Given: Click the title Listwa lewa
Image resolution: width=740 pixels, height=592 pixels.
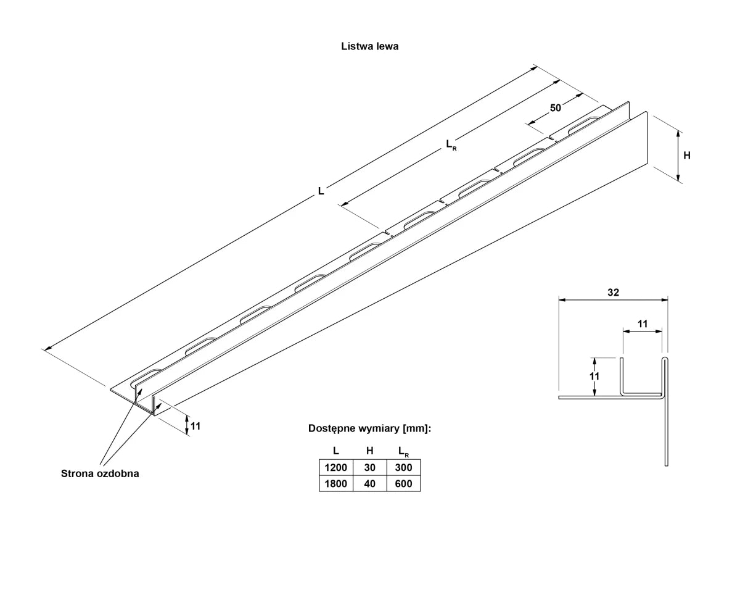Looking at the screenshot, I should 369,46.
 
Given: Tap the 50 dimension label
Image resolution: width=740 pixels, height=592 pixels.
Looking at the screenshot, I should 556,108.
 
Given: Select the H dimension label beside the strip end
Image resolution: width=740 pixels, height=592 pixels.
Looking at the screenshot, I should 687,156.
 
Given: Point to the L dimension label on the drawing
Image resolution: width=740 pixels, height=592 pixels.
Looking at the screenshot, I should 321,191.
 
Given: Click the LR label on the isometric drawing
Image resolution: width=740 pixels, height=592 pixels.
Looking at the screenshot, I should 451,144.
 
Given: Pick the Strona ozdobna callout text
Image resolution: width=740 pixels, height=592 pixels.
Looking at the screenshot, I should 100,473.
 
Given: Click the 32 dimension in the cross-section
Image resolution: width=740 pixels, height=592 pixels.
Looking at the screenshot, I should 612,293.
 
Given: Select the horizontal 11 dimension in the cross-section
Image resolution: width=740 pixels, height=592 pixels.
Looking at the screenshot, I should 642,323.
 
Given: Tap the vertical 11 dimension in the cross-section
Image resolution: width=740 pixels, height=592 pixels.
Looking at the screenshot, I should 594,376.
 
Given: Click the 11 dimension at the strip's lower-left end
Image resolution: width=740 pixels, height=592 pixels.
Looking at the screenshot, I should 195,425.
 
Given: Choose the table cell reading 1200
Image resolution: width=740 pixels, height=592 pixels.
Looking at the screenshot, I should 335,467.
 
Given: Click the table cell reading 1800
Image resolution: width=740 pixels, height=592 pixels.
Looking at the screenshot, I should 335,483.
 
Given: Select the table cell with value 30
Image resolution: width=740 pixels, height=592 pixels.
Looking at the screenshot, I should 369,467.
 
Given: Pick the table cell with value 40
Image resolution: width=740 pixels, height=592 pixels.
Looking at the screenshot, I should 369,483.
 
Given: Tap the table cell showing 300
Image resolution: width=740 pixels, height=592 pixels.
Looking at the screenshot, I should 403,467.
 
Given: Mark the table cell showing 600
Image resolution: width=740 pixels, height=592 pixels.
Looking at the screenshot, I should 403,483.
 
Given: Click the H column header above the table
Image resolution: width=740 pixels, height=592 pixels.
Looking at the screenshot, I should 369,451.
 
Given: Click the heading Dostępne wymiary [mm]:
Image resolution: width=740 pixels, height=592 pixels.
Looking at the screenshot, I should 369,428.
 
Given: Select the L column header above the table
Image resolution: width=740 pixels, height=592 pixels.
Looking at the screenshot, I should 335,451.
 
